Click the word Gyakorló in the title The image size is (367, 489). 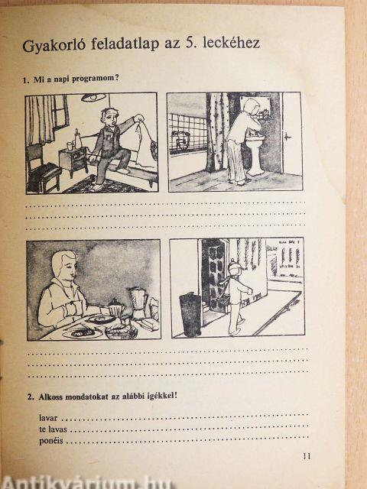[54, 45]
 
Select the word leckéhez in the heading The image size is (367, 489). [231, 43]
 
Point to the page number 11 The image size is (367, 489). [307, 456]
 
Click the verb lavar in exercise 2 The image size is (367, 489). [48, 418]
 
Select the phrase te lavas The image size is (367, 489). [53, 429]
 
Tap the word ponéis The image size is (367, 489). [51, 441]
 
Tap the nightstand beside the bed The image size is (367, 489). [73, 161]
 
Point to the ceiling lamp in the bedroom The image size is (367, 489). [93, 97]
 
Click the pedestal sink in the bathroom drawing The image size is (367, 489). [255, 154]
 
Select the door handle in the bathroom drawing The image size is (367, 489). [287, 136]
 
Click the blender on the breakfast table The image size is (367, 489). [138, 303]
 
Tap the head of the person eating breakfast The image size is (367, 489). [64, 264]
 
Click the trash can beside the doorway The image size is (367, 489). [190, 315]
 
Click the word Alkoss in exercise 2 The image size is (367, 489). [50, 397]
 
